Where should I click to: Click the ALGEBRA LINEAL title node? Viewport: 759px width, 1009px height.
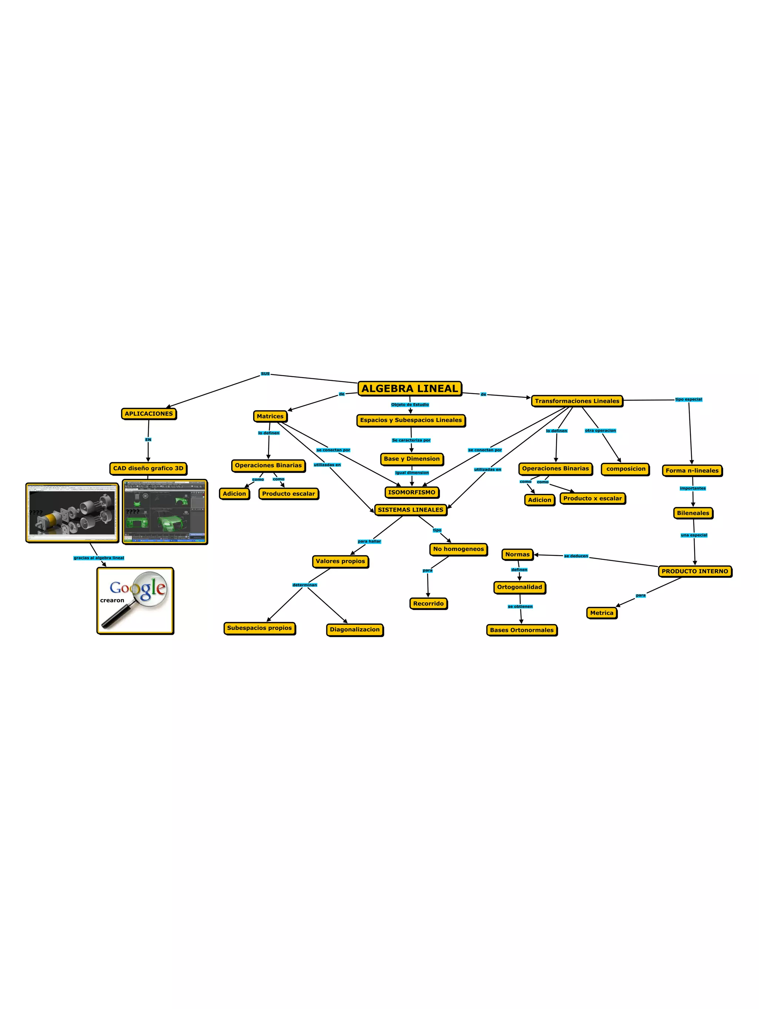(409, 389)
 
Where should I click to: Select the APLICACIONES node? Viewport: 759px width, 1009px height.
(149, 414)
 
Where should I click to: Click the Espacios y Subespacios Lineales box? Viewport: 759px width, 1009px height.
(411, 420)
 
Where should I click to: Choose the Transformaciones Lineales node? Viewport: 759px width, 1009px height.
(577, 401)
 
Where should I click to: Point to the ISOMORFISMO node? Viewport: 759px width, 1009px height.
(411, 492)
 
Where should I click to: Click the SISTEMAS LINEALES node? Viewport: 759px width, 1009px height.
(410, 510)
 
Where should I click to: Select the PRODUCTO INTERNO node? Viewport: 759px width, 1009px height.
(694, 571)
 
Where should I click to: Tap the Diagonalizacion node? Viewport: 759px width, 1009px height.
(354, 630)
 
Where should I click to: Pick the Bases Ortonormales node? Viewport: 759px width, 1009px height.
(521, 630)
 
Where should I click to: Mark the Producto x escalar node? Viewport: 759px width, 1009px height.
(592, 498)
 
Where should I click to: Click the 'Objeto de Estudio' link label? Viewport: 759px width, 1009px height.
(410, 405)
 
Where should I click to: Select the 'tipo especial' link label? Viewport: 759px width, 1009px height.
(688, 399)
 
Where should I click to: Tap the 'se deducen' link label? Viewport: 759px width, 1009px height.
(576, 556)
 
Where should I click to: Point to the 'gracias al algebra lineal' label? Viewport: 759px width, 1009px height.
(99, 558)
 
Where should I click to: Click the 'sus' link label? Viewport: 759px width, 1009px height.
(265, 374)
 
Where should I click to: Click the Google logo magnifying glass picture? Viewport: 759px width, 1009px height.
(135, 601)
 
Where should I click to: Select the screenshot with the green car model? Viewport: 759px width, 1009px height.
(165, 512)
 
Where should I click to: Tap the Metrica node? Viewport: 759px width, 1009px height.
(601, 613)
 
